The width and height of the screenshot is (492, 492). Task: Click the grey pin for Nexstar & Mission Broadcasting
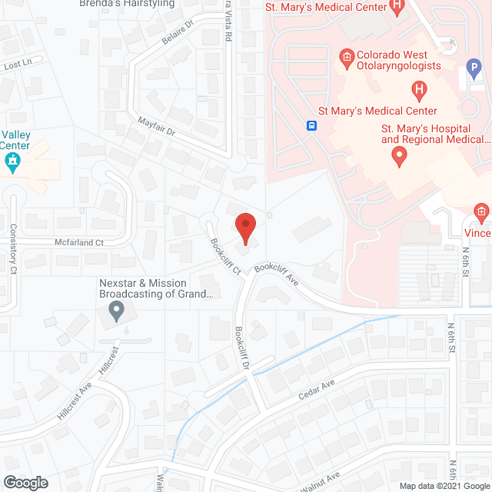117,311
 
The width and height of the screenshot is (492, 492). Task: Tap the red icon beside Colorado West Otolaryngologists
347,56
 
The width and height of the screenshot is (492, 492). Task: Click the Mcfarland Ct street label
78,243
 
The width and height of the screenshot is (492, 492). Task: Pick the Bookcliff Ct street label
226,256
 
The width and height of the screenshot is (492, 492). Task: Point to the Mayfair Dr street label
158,128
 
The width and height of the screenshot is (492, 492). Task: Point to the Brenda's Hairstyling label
127,4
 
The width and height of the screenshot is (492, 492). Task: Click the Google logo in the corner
25,483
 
